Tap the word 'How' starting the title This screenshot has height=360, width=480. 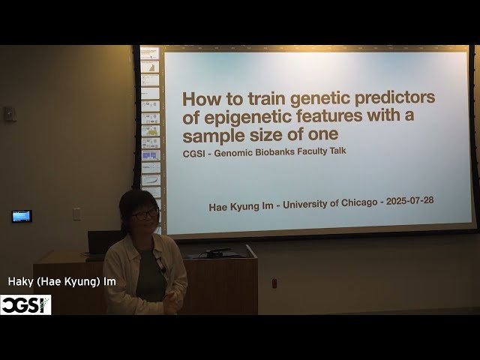(201, 98)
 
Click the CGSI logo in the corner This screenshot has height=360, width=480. (25, 304)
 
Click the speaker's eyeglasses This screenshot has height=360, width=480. (145, 214)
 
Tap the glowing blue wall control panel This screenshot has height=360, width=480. (22, 216)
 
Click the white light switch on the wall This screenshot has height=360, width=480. (76, 213)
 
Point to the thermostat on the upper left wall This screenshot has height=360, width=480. (10, 113)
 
